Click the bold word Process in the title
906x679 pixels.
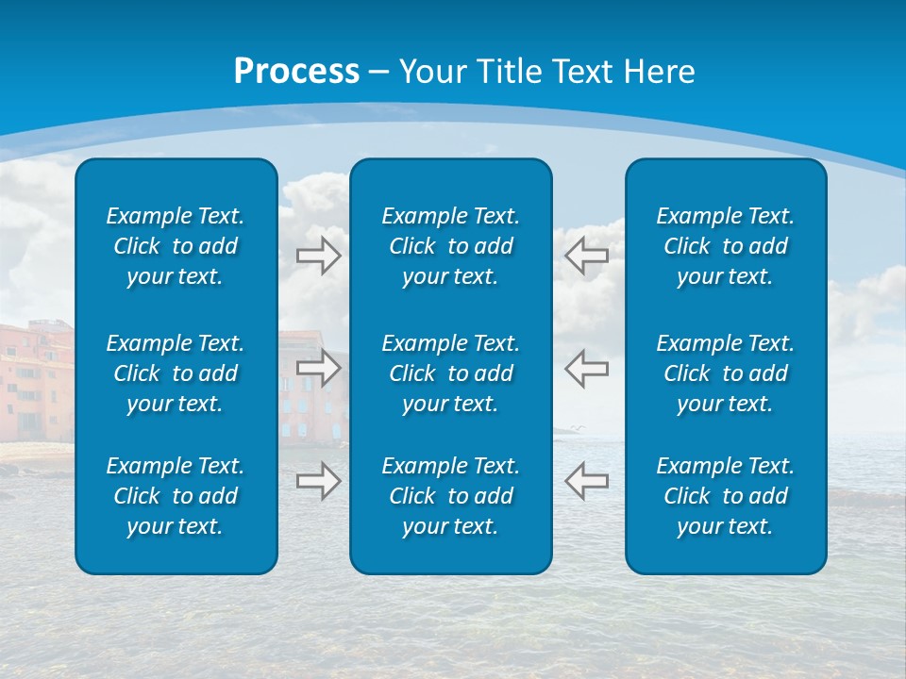(x=296, y=72)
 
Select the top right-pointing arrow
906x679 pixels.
(x=318, y=255)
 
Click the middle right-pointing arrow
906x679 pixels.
(x=318, y=367)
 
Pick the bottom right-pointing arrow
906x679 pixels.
(x=318, y=480)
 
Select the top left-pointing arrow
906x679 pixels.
(x=586, y=254)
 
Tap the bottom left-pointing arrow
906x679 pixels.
(x=586, y=480)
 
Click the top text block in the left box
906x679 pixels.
(x=176, y=246)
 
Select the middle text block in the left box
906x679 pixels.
(x=176, y=373)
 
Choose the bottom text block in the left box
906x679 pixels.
(x=176, y=496)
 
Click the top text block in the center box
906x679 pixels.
(x=450, y=246)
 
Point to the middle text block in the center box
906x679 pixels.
(x=450, y=373)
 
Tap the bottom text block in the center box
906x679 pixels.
(x=450, y=496)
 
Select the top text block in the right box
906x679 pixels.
(x=725, y=246)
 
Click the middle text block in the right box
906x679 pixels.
(x=725, y=373)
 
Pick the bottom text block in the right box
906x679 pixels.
(x=725, y=496)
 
